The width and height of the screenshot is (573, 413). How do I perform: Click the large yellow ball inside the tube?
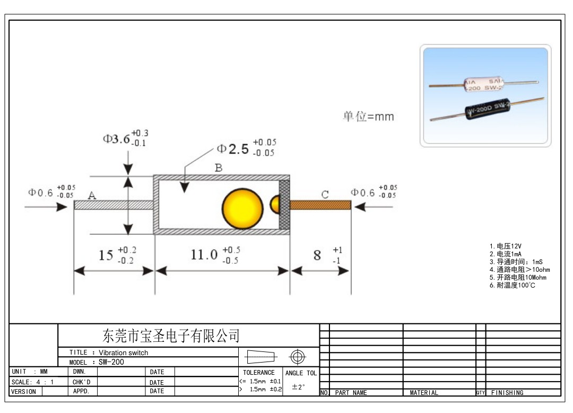242,205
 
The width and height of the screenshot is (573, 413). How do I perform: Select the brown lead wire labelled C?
320,205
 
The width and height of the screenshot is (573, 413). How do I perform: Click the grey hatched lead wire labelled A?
113,205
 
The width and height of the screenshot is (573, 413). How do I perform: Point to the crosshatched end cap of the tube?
284,204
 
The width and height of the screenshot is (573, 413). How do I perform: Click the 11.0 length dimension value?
204,255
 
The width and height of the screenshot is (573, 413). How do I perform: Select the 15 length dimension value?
106,255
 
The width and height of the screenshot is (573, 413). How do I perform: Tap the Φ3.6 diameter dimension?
116,139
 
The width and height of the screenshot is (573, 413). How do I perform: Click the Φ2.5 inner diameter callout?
233,149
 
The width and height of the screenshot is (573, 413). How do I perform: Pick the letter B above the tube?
219,168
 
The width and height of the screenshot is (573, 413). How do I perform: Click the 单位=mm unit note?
368,117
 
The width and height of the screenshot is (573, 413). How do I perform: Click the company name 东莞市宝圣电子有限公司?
170,335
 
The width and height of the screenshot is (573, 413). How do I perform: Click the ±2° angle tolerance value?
298,387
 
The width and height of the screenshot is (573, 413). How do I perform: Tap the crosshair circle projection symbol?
297,356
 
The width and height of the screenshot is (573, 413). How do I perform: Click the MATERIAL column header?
424,393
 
